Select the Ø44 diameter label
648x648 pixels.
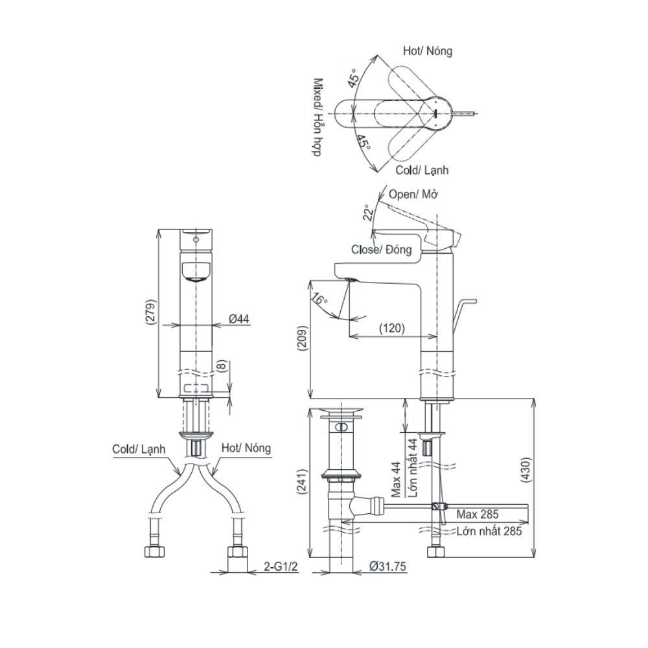point(239,318)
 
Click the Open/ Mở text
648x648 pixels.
point(412,194)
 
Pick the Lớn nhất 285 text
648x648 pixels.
point(489,531)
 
